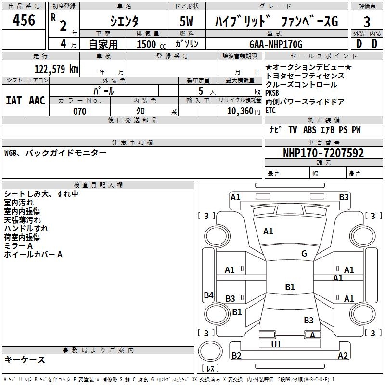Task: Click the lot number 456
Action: [x=24, y=21]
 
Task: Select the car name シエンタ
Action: [x=124, y=21]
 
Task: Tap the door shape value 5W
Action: [x=187, y=21]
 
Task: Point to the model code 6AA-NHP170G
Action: [x=276, y=44]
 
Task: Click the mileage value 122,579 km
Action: [x=56, y=69]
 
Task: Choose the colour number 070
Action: [x=79, y=111]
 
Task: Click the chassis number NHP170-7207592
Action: [x=323, y=154]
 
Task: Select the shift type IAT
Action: [x=13, y=101]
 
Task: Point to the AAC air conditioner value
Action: [x=37, y=101]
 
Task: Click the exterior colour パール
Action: [x=103, y=91]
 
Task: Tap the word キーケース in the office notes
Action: [x=25, y=359]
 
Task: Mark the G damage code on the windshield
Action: [x=304, y=253]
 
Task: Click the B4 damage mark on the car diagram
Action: [x=208, y=295]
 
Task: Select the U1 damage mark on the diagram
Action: [x=276, y=344]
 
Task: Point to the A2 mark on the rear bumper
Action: [x=343, y=356]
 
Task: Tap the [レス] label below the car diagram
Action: [x=210, y=369]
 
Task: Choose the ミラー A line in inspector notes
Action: [x=19, y=246]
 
